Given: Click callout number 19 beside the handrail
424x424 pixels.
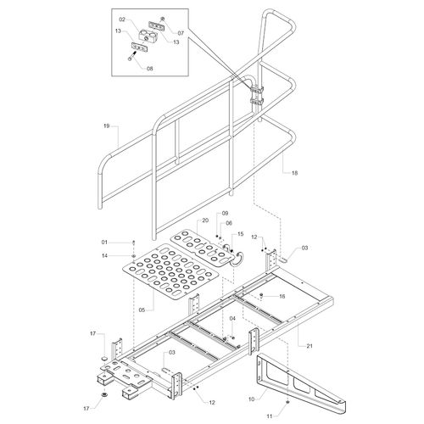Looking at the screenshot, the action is point(106,126).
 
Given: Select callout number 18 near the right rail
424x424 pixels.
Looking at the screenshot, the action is point(294,173).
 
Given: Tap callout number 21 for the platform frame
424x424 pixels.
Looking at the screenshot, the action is point(310,346).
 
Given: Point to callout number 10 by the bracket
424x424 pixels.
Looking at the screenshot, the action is point(251,399).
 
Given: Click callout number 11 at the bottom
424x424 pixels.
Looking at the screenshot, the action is point(270,416).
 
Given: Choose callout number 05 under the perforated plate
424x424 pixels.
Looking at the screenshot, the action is point(142,310).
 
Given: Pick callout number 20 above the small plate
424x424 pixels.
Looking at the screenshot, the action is point(205,220).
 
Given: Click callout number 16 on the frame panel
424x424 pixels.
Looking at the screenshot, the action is point(282,296).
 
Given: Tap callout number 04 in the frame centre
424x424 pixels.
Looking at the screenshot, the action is point(232,319).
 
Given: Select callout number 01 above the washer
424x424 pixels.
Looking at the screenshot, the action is point(104,243).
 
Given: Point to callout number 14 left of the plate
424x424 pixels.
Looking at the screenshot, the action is point(104,256).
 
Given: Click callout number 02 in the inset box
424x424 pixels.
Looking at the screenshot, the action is point(122,20).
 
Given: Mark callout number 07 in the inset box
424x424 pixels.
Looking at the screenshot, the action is point(181,33).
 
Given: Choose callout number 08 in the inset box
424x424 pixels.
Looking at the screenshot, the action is point(149,68).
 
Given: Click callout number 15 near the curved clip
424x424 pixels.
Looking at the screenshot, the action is point(240,234).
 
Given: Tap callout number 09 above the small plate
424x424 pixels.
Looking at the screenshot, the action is point(225,213).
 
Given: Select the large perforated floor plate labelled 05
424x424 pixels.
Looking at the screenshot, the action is point(171,271).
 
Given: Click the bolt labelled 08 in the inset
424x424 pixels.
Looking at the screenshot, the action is point(133,56).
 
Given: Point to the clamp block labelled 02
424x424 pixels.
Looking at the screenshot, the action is point(146,36).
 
